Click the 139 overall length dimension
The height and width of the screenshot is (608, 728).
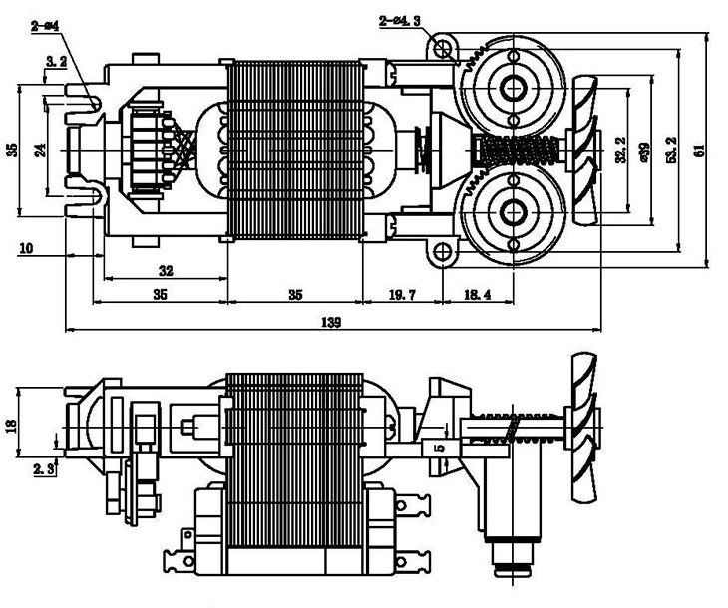[x=331, y=322]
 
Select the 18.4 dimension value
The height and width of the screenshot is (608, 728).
[x=478, y=295]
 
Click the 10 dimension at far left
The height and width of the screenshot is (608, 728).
[x=25, y=247]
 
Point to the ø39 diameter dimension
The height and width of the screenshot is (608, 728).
[x=645, y=152]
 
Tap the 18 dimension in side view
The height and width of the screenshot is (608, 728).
[x=12, y=425]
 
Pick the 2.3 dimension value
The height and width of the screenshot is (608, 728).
[x=43, y=467]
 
